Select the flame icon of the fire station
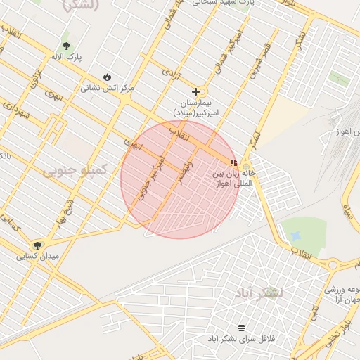[x=107, y=77]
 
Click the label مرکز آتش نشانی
[x=107, y=88]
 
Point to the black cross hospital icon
[x=196, y=91]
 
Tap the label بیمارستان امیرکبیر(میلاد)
[x=197, y=107]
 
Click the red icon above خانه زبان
[x=233, y=162]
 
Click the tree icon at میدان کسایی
[x=37, y=245]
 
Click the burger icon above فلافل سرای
[x=242, y=328]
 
